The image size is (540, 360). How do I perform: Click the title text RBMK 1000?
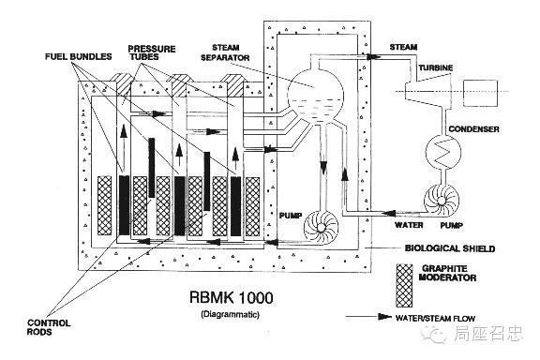232,297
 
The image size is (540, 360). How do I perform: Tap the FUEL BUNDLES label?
79,56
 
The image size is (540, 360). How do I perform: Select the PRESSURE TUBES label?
152,52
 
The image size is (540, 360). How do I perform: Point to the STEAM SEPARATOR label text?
225,52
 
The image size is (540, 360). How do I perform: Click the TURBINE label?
436,67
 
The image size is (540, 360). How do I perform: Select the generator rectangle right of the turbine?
480,93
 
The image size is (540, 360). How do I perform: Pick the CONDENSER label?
473,129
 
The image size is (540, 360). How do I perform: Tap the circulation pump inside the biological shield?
321,227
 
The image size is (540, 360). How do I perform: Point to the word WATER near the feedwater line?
409,225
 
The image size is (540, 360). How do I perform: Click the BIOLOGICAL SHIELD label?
450,248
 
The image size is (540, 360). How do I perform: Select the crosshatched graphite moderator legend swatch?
404,286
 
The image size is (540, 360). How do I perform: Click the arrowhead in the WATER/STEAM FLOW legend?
384,317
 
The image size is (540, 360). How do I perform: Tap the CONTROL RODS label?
49,327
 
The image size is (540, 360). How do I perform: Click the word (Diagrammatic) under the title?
230,314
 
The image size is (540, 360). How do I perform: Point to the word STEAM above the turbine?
403,47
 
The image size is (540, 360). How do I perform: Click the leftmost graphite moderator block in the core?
105,205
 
